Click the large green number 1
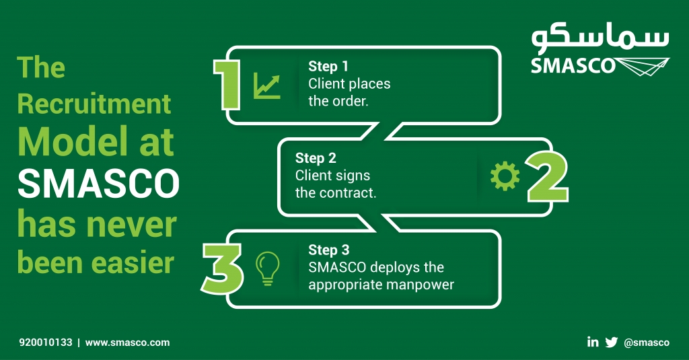[227, 83]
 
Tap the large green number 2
[546, 176]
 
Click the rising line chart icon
[267, 86]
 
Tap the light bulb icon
[267, 268]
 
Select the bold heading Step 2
[315, 158]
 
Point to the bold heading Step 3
[328, 250]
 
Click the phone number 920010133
[45, 343]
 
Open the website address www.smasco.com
[127, 343]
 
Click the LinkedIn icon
[593, 342]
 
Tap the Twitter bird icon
[611, 342]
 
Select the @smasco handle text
[647, 343]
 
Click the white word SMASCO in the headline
[98, 184]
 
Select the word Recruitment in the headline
[94, 104]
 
